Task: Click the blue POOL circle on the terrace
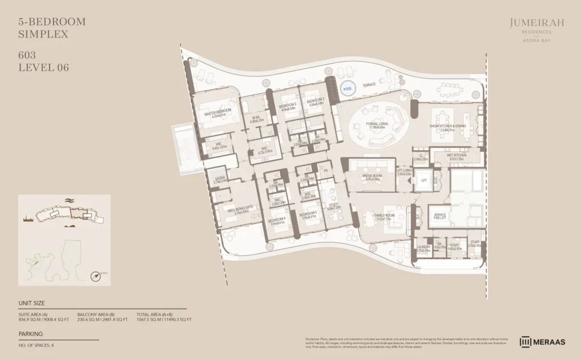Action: (347, 89)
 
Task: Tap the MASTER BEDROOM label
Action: (218, 112)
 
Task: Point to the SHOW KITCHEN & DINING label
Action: (448, 127)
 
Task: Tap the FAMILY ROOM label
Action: (385, 217)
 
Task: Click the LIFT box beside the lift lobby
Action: (423, 180)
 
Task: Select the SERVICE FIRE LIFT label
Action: (439, 216)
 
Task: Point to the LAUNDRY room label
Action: (423, 248)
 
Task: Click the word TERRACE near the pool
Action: (369, 84)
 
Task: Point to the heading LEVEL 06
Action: (44, 68)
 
